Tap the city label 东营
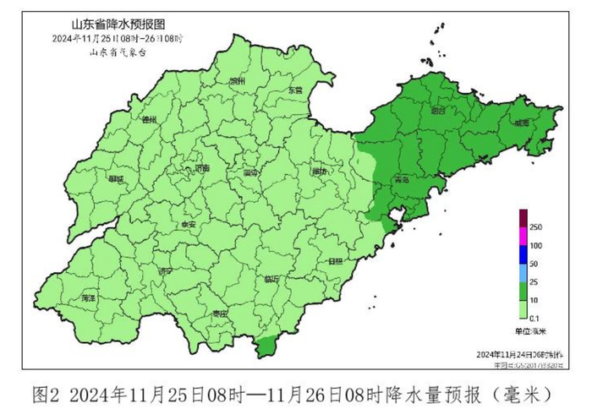[x=293, y=89]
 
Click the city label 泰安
[x=188, y=225]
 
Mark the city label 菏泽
[x=87, y=298]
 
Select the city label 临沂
[x=271, y=278]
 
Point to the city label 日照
[x=336, y=260]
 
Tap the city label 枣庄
[x=220, y=313]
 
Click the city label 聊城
[x=116, y=179]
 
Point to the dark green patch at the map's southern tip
[x=266, y=345]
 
